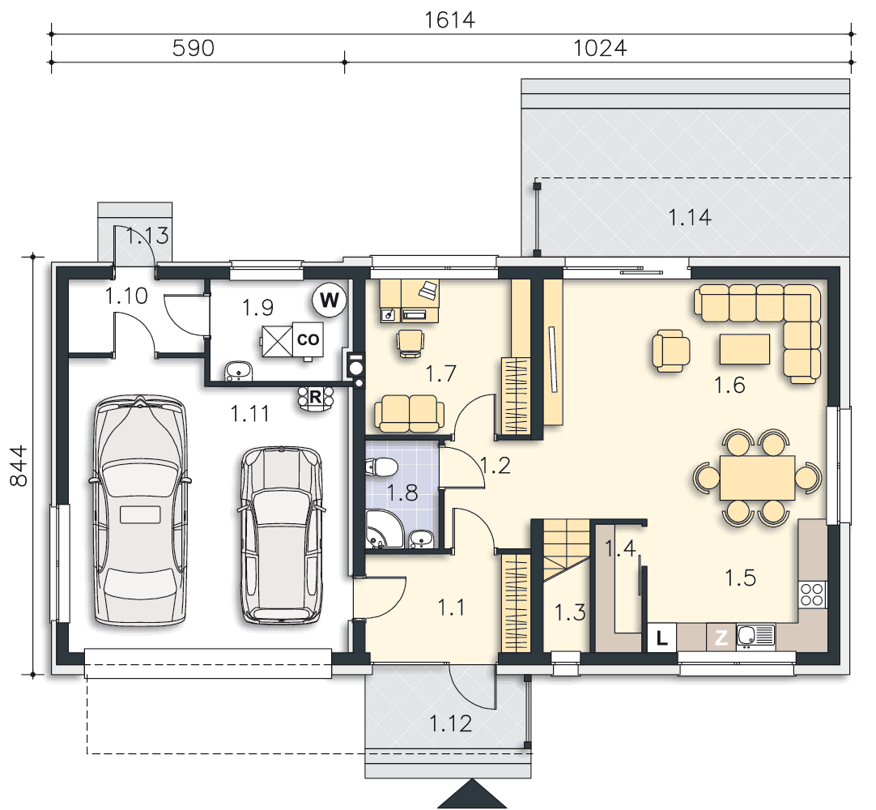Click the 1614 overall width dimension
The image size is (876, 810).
pos(449,20)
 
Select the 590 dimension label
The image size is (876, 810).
pos(193,49)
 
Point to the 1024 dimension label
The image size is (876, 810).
pos(600,49)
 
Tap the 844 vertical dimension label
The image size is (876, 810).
pos(19,466)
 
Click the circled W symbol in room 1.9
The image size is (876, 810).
pos(329,301)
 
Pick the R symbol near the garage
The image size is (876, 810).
pos(315,398)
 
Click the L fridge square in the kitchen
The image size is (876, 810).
pos(662,637)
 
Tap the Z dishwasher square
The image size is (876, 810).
pos(721,637)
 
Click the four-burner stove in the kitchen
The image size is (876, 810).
pos(812,595)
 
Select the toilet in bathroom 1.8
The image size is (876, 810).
pos(381,467)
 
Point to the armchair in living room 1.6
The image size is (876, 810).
pos(671,351)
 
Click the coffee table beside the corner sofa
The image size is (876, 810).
pos(745,349)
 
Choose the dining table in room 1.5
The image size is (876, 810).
pos(757,478)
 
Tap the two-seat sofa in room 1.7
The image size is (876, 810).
pos(410,414)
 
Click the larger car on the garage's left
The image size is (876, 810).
pos(140,510)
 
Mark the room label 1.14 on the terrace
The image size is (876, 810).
pos(690,217)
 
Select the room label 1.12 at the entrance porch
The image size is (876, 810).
pos(451,724)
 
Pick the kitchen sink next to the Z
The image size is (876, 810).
pos(755,636)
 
